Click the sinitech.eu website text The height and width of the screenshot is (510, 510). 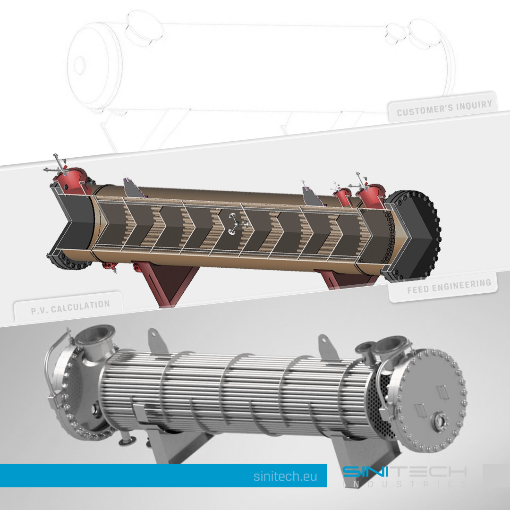285,476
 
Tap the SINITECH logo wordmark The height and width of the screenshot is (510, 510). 405,471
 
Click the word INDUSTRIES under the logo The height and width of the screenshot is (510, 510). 405,484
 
